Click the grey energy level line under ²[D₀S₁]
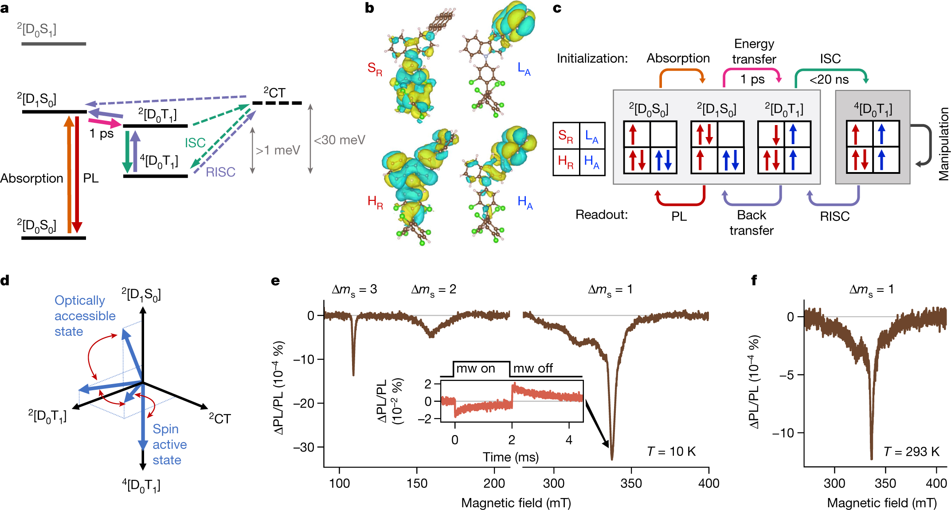(54, 44)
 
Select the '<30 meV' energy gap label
(340, 140)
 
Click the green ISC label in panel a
(195, 143)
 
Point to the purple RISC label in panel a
(220, 172)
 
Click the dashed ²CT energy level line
(277, 103)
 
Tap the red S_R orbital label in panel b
(375, 69)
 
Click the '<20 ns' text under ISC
(829, 80)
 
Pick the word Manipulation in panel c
(944, 144)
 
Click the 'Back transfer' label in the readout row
(751, 223)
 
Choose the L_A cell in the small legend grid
(591, 136)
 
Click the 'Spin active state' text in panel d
(169, 444)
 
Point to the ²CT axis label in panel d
(220, 419)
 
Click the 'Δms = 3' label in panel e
(354, 290)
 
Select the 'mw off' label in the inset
(533, 369)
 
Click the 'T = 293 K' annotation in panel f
(912, 452)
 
